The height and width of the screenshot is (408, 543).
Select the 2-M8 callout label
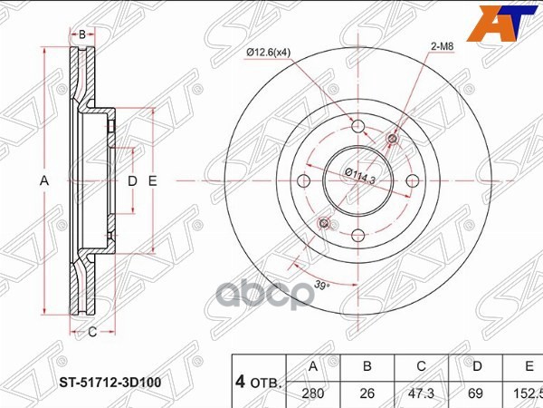(442, 44)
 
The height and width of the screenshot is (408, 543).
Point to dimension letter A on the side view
(43, 181)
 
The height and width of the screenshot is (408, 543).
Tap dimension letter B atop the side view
(81, 34)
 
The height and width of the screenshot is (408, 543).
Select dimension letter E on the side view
(153, 181)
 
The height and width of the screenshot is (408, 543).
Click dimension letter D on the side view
(132, 181)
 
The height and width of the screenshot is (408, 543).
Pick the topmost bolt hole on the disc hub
(357, 125)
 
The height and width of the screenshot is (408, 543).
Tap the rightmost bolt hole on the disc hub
(412, 180)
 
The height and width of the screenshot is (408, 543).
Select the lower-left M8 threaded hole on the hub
(324, 222)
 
